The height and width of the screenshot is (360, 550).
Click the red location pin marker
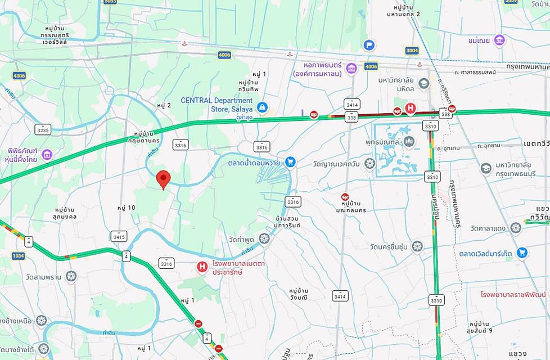(163, 179)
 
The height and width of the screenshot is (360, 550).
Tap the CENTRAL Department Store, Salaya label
(217, 104)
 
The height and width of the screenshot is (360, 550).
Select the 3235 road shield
(43, 129)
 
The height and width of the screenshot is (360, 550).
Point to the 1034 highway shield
(18, 255)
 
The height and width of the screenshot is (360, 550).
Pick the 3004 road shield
(412, 51)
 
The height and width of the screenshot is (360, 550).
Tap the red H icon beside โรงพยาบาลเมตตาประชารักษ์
(202, 267)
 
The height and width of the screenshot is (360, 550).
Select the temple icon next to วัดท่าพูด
(264, 238)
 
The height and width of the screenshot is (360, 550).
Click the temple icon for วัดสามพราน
(70, 276)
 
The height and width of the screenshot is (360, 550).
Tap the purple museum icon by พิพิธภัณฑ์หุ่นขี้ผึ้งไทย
(47, 154)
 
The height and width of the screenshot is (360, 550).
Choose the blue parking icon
(369, 45)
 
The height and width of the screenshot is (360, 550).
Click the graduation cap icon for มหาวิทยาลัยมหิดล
(423, 83)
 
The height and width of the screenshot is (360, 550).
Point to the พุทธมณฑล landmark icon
(408, 141)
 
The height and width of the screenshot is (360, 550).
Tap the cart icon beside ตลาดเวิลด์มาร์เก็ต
(522, 253)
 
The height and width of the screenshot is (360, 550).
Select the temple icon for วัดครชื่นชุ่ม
(417, 246)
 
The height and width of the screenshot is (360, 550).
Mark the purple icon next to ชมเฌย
(499, 40)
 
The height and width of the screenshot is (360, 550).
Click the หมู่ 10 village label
(126, 208)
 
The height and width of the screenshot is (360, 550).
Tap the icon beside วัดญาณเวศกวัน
(369, 163)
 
